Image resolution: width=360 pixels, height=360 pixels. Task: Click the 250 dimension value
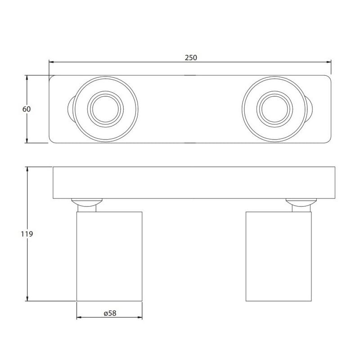[191, 58]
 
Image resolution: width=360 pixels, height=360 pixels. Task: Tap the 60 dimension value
[27, 109]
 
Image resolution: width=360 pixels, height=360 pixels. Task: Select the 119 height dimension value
[27, 234]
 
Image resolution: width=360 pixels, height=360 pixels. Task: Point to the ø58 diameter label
[110, 313]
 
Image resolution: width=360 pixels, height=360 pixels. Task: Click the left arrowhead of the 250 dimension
[51, 62]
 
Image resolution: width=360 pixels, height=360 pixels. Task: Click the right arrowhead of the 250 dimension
[328, 62]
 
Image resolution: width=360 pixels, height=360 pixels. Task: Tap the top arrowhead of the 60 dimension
[27, 77]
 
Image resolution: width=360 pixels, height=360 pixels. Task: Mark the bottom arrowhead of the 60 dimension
[27, 140]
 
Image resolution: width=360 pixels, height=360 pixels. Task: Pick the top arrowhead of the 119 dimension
[27, 169]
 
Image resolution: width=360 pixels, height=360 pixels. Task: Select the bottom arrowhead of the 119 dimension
[27, 298]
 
